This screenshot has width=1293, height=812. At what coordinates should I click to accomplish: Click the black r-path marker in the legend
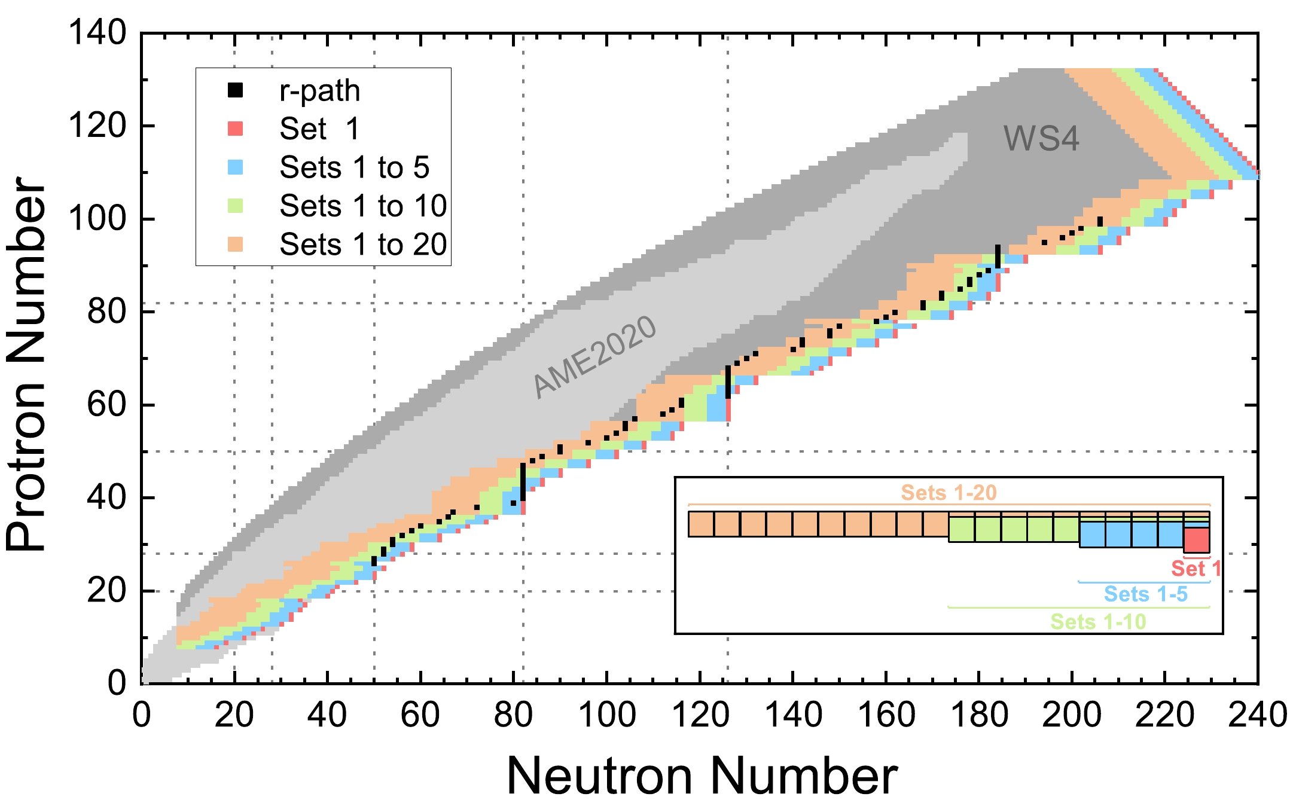tap(236, 90)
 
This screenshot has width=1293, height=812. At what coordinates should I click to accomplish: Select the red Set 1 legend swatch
tap(236, 129)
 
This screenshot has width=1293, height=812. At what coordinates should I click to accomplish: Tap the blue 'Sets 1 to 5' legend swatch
tap(236, 167)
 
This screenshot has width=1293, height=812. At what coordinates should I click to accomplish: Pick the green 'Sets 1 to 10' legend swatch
tap(236, 206)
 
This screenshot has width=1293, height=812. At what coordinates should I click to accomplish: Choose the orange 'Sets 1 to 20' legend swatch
tap(236, 244)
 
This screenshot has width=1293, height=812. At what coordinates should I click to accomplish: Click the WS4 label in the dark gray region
tap(1041, 139)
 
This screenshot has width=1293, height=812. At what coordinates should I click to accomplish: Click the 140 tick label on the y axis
tap(97, 32)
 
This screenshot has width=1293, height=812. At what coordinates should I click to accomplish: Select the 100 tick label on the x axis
tap(607, 715)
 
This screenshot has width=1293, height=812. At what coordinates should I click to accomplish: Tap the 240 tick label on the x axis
tap(1257, 715)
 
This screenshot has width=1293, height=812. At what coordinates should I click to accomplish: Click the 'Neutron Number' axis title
tap(702, 776)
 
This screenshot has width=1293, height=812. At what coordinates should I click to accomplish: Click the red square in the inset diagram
tap(1197, 540)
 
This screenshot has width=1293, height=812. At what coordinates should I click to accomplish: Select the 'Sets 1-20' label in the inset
tap(949, 493)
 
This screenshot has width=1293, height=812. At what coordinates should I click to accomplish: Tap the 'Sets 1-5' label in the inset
tap(1145, 594)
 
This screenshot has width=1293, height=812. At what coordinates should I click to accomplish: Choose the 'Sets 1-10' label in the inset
tap(1098, 622)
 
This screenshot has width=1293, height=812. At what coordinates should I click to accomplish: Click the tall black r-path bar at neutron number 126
tap(728, 382)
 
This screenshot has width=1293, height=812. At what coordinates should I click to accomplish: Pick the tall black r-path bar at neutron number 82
tap(523, 482)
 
